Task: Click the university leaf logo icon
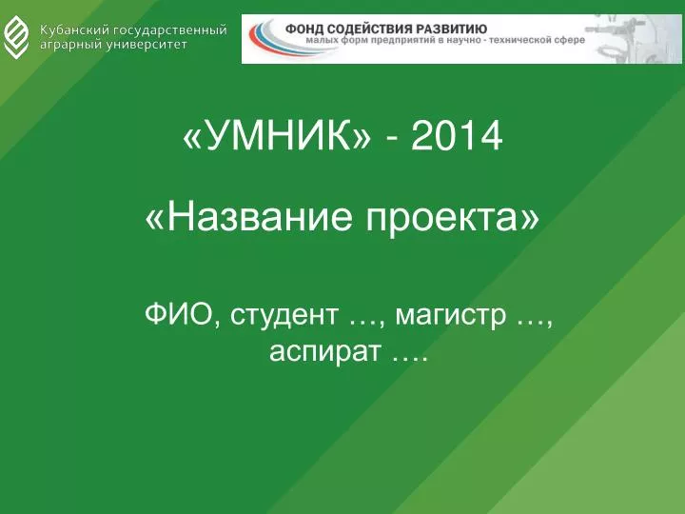[16, 37]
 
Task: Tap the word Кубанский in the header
[74, 30]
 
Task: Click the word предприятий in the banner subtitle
[401, 41]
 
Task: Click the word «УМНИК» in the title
[277, 135]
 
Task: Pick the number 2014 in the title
[457, 136]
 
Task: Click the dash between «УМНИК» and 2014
[392, 139]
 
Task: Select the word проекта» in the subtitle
[453, 218]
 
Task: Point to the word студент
[284, 316]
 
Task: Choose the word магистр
[449, 316]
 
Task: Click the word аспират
[324, 352]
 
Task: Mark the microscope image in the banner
[633, 39]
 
